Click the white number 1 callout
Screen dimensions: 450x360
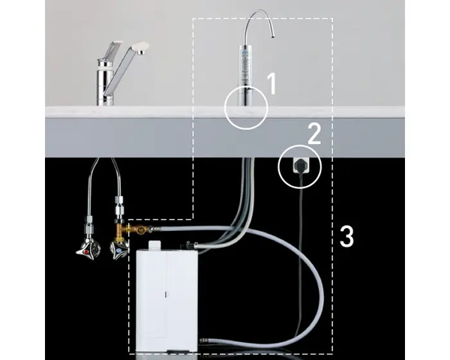click(x=271, y=83)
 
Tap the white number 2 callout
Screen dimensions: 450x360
click(x=314, y=133)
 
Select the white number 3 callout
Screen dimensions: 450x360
click(x=346, y=236)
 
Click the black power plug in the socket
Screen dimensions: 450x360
click(x=299, y=166)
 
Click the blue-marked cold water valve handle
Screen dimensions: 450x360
click(x=119, y=250)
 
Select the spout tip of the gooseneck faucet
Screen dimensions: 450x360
click(x=271, y=36)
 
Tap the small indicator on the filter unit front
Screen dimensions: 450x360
click(x=165, y=294)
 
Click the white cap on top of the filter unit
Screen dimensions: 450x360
click(x=154, y=245)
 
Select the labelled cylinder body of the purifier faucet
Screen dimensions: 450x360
click(x=246, y=65)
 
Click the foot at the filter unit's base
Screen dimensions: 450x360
click(x=178, y=351)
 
